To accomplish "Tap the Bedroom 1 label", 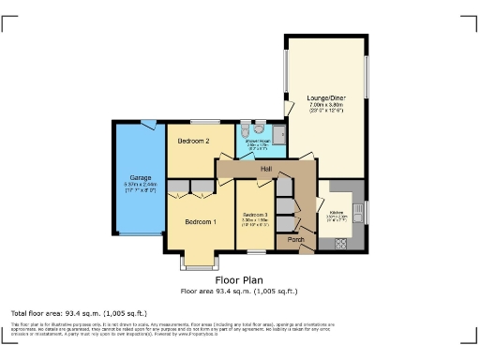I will click(x=201, y=221).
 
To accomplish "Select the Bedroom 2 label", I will click(x=193, y=141).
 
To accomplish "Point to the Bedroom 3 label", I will click(x=253, y=215).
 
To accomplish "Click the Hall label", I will click(x=266, y=169).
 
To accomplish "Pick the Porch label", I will click(x=296, y=240).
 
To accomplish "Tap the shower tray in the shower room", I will click(x=277, y=130).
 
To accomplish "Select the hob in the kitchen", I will click(x=339, y=243).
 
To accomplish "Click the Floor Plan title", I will click(x=239, y=279).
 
